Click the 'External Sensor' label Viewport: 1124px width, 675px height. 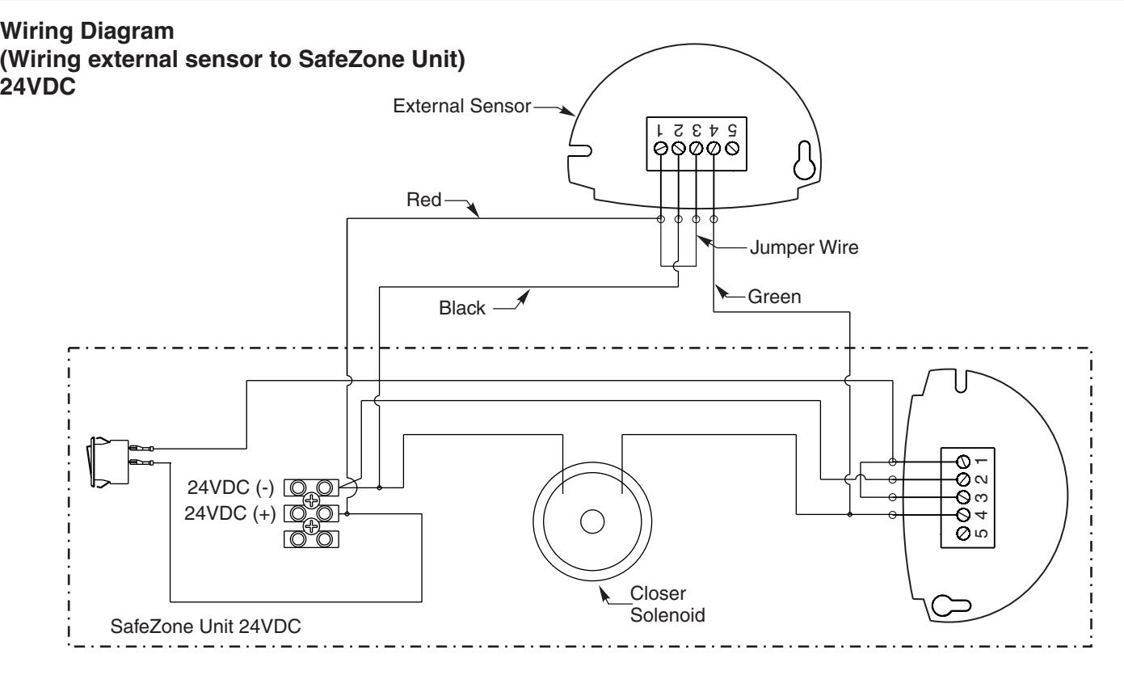pyautogui.click(x=461, y=106)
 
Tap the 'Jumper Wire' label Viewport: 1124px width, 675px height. pyautogui.click(x=804, y=247)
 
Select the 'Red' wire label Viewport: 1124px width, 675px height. pyautogui.click(x=423, y=200)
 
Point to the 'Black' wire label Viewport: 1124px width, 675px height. pyautogui.click(x=461, y=308)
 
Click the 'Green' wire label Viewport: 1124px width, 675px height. pyautogui.click(x=774, y=297)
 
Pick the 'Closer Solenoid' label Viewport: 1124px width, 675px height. pyautogui.click(x=667, y=604)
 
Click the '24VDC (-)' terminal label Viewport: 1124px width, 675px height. pyautogui.click(x=231, y=487)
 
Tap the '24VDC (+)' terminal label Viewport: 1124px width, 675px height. pyautogui.click(x=229, y=513)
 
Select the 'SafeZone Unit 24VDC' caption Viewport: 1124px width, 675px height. pyautogui.click(x=205, y=626)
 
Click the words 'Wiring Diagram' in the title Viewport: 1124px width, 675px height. pyautogui.click(x=87, y=31)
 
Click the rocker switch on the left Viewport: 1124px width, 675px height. pyautogui.click(x=109, y=462)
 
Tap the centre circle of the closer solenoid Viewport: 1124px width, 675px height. pyautogui.click(x=592, y=522)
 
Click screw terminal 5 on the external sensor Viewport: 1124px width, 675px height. pyautogui.click(x=732, y=149)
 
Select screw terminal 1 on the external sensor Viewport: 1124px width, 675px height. pyautogui.click(x=661, y=149)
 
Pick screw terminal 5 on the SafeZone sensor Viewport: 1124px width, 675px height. pyautogui.click(x=963, y=533)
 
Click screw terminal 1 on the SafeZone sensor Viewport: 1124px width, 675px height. pyautogui.click(x=963, y=462)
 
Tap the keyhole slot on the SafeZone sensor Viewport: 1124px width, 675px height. pyautogui.click(x=951, y=605)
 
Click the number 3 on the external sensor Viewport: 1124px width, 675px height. pyautogui.click(x=696, y=130)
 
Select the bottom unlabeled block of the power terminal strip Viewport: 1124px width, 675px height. pyautogui.click(x=311, y=539)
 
